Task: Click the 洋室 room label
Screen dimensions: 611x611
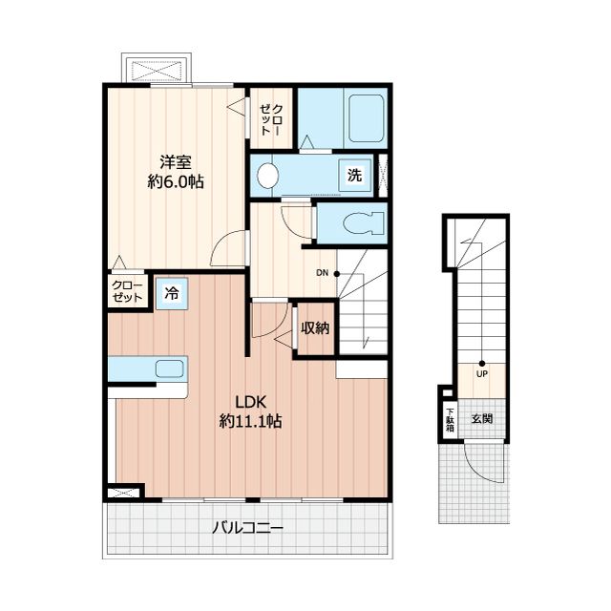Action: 176,162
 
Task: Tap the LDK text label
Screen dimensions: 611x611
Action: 250,402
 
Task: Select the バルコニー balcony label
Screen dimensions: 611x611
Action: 247,528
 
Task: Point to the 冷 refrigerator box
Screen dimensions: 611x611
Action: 172,294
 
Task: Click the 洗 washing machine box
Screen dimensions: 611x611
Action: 354,175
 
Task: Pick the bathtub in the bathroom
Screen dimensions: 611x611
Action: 367,118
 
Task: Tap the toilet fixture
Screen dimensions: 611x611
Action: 365,223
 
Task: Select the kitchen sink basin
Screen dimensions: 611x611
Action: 170,369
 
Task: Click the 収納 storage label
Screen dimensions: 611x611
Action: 315,328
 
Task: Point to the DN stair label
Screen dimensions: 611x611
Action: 323,273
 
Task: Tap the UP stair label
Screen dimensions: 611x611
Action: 482,374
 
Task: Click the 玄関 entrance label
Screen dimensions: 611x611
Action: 482,419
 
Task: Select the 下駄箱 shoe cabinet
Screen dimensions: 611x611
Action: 450,420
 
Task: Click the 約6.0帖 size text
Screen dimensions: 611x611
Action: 176,182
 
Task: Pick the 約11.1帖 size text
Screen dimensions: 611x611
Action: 250,421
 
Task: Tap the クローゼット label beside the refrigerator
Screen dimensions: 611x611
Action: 127,291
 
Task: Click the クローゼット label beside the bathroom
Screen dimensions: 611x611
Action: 270,119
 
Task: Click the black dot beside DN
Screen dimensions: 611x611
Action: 337,274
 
